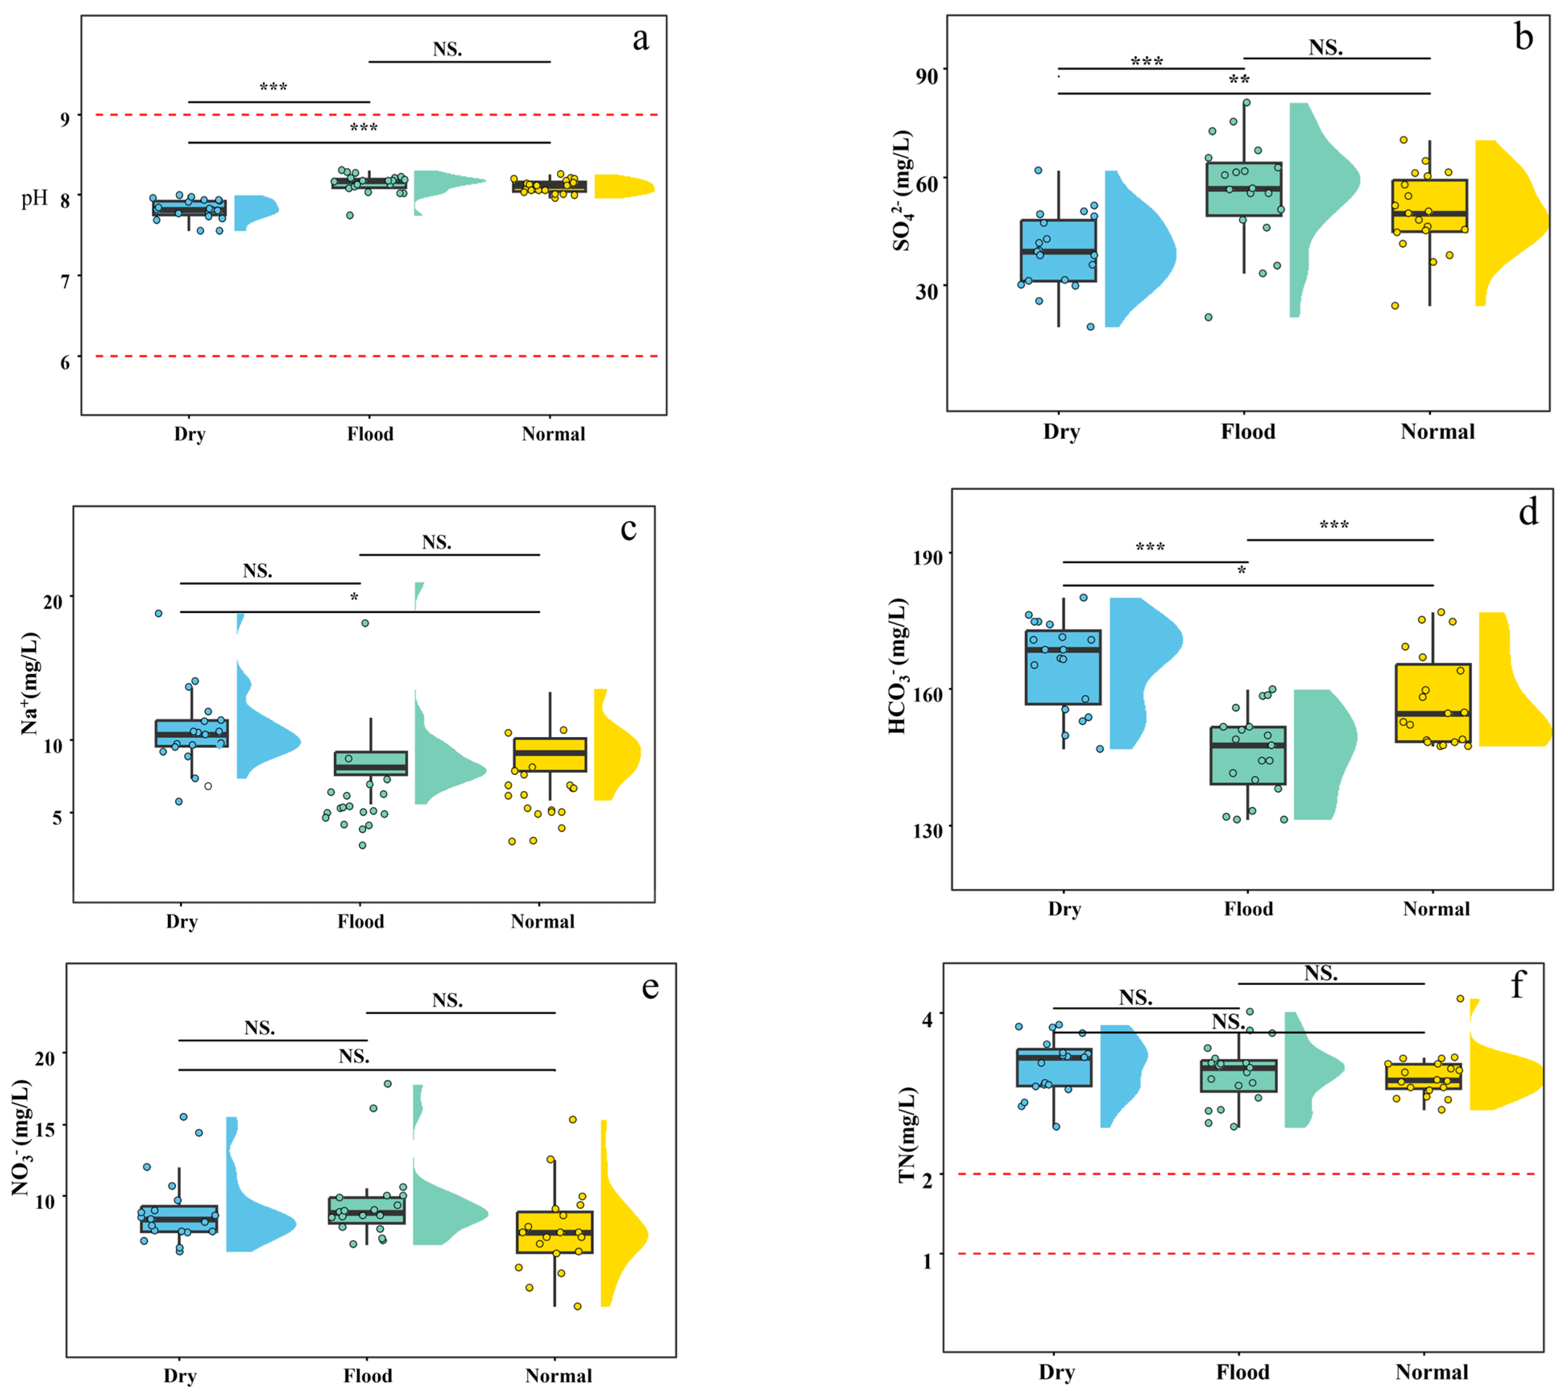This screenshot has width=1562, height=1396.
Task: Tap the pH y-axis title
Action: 35,199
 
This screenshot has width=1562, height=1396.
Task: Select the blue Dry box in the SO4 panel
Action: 1058,251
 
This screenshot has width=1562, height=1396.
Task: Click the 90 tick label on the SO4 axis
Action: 926,76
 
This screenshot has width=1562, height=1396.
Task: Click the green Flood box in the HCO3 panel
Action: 1248,756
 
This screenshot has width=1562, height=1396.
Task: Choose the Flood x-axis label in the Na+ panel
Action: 360,921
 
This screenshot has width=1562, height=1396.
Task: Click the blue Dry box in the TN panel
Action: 1053,1068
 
